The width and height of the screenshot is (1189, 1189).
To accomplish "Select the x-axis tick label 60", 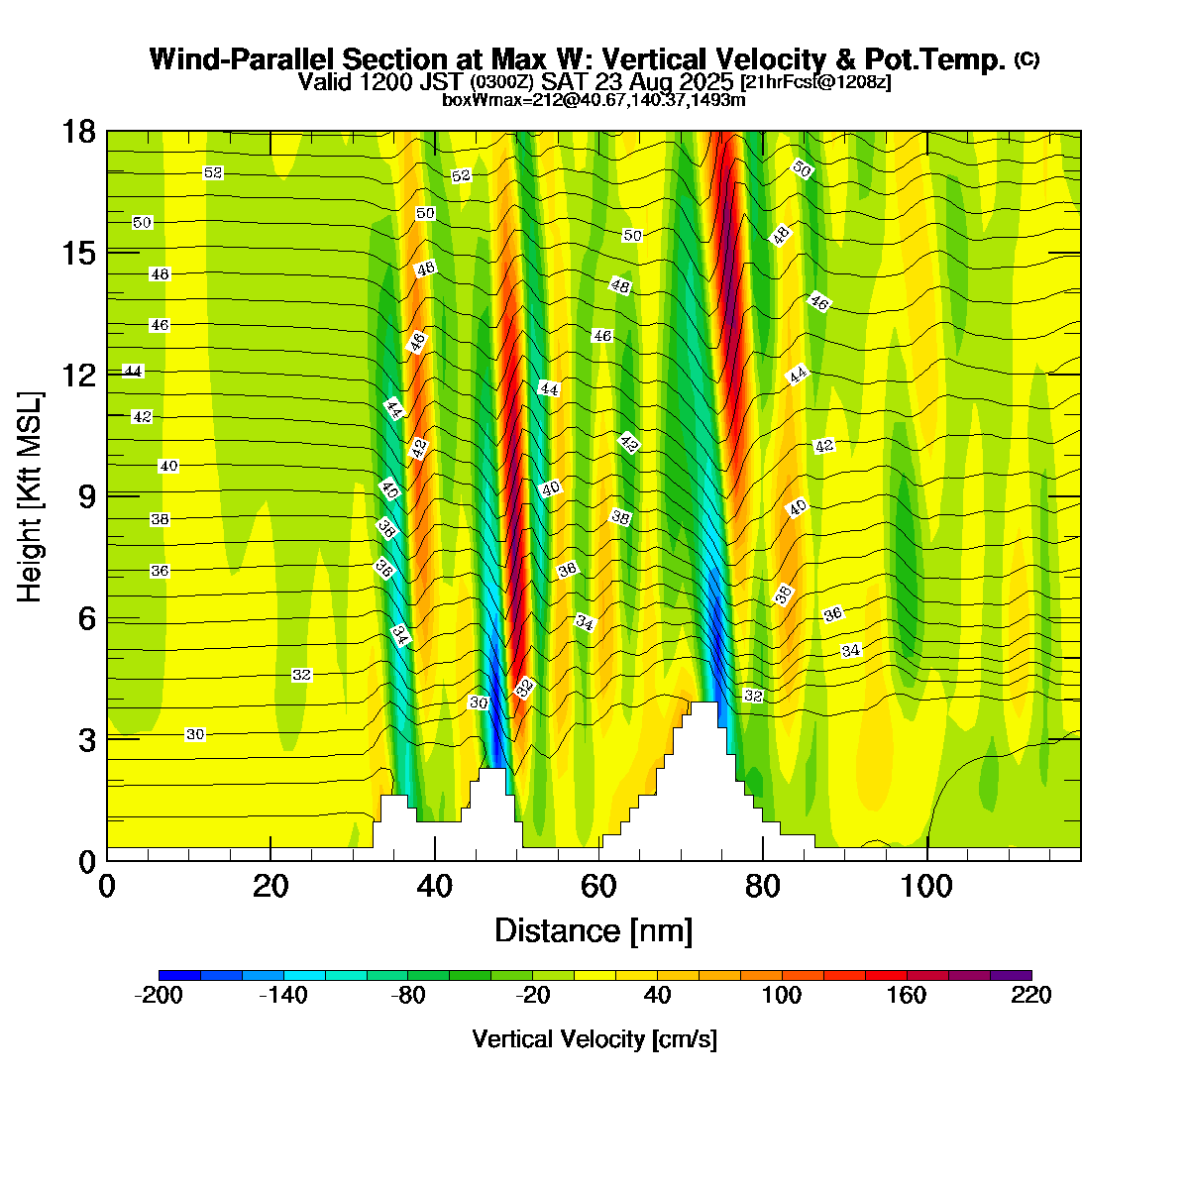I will point(598,885).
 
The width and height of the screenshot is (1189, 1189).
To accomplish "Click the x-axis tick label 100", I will point(927,885).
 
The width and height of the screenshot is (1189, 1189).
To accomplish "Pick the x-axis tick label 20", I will point(270,885).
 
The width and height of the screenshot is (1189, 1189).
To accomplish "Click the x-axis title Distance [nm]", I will point(594,931).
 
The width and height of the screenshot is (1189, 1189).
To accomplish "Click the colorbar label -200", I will point(158,996).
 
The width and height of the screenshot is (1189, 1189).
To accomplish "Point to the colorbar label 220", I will point(1031,996).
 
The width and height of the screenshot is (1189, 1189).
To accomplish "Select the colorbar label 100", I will point(782,996).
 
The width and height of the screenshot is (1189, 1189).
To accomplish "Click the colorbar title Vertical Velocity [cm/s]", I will point(594,1039).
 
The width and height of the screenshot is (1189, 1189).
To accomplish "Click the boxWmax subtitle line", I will point(594,99).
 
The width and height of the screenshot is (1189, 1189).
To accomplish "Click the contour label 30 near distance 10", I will point(195,734).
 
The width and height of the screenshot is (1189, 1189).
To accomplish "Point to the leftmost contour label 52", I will point(213,173).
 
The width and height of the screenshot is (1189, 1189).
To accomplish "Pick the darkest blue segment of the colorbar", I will point(179,975).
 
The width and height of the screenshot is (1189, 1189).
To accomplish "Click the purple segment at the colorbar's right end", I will point(1011,975).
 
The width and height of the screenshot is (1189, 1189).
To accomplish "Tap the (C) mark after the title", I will point(1027,59).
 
